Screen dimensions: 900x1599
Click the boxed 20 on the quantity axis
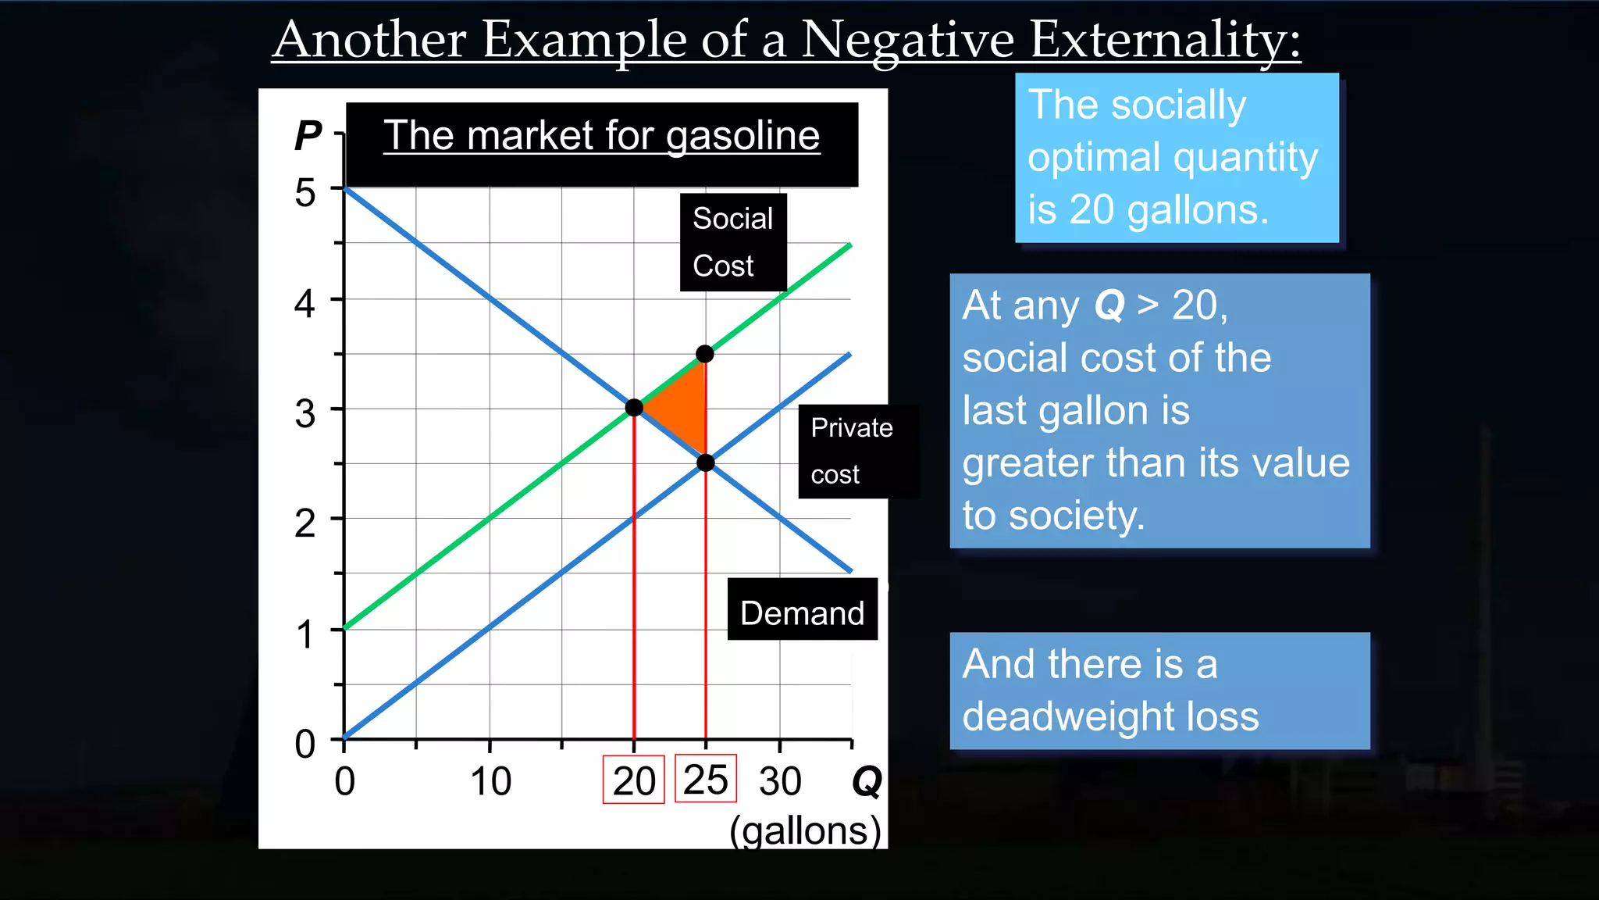coord(633,780)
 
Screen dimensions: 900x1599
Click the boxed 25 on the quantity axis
coord(706,779)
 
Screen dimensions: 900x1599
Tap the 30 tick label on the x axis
coord(780,781)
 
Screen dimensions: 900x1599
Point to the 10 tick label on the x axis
coord(490,781)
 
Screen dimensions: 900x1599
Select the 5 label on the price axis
coord(304,192)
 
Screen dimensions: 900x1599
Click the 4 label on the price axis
coord(304,302)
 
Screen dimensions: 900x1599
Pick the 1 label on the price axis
coord(304,634)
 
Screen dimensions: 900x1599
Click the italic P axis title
coord(308,136)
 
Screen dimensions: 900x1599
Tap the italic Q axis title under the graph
coord(867,780)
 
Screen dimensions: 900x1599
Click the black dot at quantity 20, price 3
coord(634,407)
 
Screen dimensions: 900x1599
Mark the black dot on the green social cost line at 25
coord(705,354)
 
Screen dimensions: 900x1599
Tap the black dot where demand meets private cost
coord(705,462)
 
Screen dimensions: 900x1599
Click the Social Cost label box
coord(732,242)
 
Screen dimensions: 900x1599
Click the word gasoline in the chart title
coord(743,136)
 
